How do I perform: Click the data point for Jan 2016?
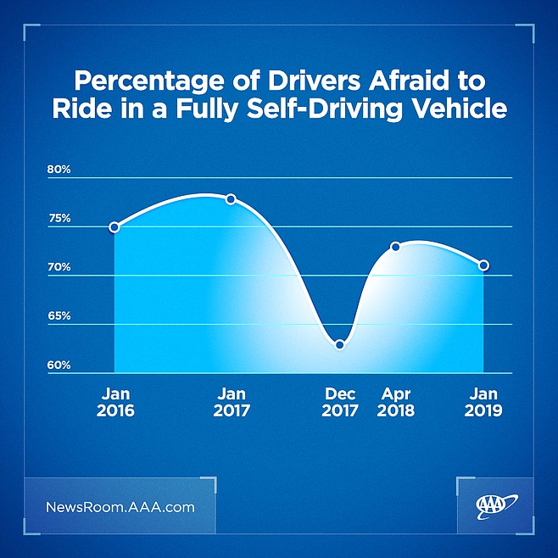pyautogui.click(x=114, y=227)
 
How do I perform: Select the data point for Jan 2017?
pyautogui.click(x=231, y=199)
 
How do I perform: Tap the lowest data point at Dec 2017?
pyautogui.click(x=339, y=344)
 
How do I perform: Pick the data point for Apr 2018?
pyautogui.click(x=395, y=247)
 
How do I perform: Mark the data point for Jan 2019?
pyautogui.click(x=483, y=265)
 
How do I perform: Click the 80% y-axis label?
pyautogui.click(x=59, y=170)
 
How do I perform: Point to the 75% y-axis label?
pyautogui.click(x=59, y=219)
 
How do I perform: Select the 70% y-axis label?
pyautogui.click(x=59, y=268)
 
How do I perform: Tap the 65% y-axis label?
pyautogui.click(x=59, y=316)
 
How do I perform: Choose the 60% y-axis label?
pyautogui.click(x=59, y=365)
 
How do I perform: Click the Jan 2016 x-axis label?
pyautogui.click(x=116, y=402)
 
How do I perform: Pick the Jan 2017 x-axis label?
pyautogui.click(x=232, y=402)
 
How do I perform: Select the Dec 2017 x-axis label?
pyautogui.click(x=339, y=402)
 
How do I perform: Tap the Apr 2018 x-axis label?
pyautogui.click(x=396, y=402)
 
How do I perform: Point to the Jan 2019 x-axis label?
pyautogui.click(x=484, y=402)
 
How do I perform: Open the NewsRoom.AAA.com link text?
pyautogui.click(x=120, y=508)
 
